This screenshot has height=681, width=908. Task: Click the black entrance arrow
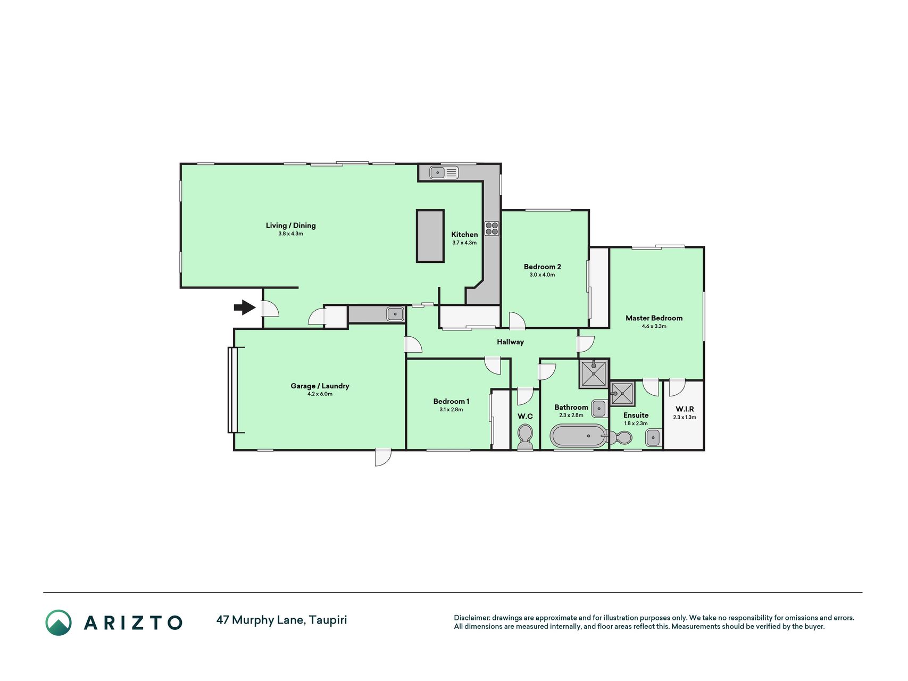tap(245, 308)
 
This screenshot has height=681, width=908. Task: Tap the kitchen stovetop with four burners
tap(492, 228)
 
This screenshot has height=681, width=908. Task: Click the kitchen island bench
tap(430, 236)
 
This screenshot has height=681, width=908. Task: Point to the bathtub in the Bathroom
tap(578, 436)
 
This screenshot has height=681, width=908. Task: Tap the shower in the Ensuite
tap(622, 394)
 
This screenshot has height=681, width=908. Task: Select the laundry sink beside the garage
tap(395, 314)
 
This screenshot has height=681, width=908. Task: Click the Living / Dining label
tap(290, 226)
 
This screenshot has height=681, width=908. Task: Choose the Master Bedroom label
tap(654, 318)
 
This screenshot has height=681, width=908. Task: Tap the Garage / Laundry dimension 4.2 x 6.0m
tap(320, 394)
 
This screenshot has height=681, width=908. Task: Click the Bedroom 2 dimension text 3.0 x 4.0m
tap(542, 275)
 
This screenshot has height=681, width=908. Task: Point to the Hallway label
tap(510, 342)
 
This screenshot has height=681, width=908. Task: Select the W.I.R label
tap(685, 409)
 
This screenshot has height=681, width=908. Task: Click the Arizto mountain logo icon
tap(59, 622)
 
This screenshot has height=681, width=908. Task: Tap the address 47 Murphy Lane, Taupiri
tap(281, 620)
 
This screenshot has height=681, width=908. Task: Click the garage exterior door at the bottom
tap(382, 457)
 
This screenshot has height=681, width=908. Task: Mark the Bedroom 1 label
tap(451, 402)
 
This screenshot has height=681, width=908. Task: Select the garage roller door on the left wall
tap(232, 389)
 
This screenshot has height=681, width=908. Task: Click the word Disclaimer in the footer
tap(471, 618)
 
